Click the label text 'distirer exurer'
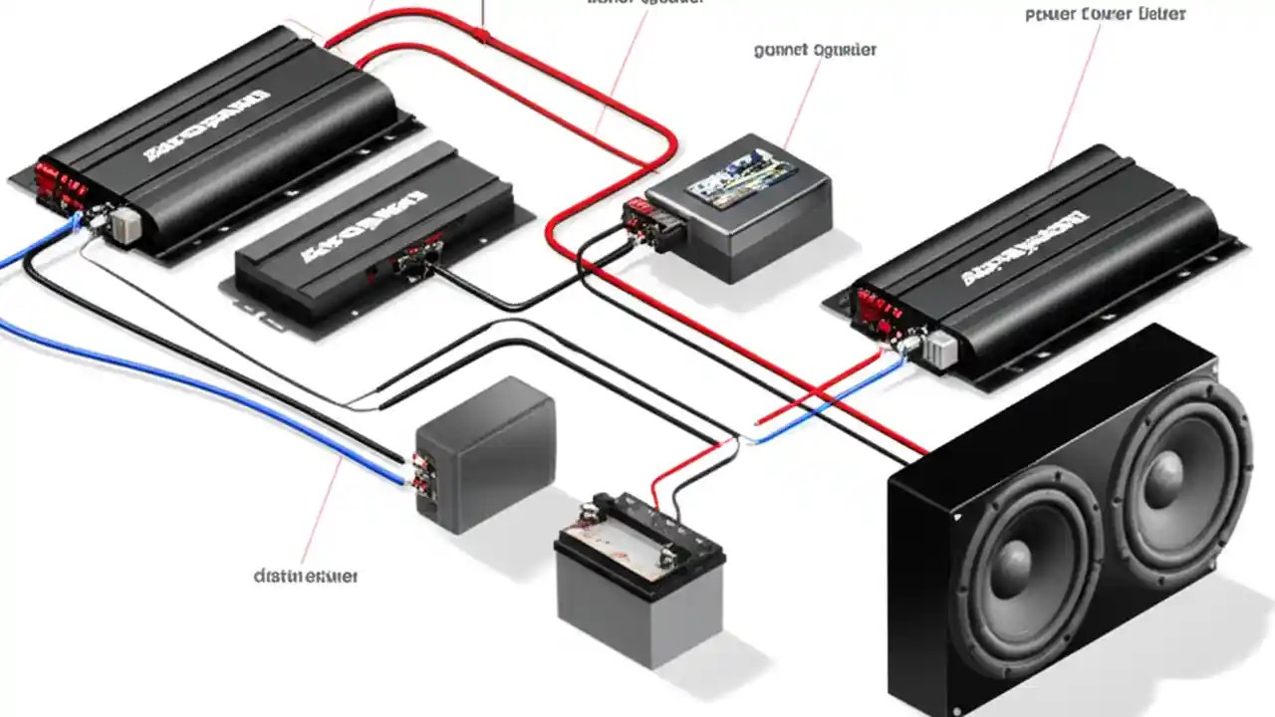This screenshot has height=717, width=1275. pos(306,576)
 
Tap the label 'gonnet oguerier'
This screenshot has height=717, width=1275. pos(816,50)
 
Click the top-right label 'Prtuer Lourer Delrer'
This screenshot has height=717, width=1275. pos(1105,15)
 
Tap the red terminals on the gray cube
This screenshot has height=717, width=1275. pos(420,473)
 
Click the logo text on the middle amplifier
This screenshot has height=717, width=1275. pos(359,231)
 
